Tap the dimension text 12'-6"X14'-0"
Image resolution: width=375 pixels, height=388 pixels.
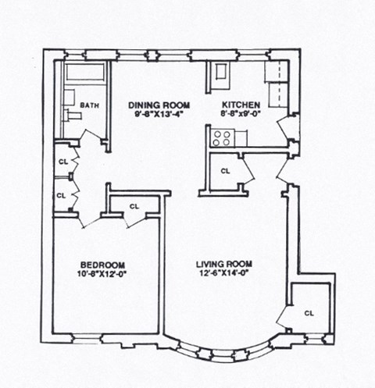(x=222, y=273)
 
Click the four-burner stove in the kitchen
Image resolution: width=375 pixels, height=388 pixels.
(x=221, y=138)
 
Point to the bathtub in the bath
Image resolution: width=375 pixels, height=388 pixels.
(x=84, y=73)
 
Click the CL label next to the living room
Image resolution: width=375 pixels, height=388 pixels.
(x=309, y=313)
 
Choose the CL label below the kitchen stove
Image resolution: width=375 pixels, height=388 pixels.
(x=225, y=170)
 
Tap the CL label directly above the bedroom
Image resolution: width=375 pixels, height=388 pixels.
(x=134, y=207)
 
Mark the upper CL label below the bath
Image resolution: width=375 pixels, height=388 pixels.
(x=62, y=162)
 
